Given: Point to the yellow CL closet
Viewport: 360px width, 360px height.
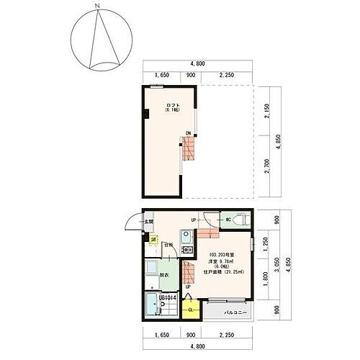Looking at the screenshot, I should tap(191, 310).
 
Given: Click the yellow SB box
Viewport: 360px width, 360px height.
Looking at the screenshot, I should tap(153, 243).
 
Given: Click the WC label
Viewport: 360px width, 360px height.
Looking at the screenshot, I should tap(227, 220).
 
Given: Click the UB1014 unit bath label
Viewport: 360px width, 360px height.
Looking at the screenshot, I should tap(158, 296).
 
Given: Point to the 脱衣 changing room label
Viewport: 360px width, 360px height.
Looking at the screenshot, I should tap(164, 274).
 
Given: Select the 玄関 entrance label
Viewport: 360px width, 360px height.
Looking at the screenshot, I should tap(149, 222).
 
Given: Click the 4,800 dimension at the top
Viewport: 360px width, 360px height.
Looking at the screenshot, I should tap(194, 63).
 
